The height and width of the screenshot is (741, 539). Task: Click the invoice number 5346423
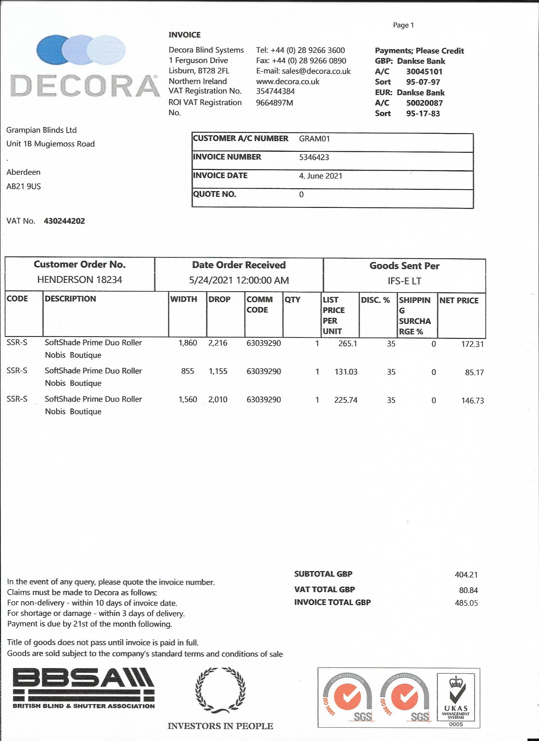click(x=314, y=157)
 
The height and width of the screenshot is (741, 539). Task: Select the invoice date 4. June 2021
click(x=320, y=176)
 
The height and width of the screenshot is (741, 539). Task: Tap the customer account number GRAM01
click(x=314, y=139)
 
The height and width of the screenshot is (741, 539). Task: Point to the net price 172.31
click(x=472, y=344)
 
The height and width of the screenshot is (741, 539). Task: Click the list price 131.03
click(x=346, y=372)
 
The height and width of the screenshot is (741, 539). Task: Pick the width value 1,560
click(x=188, y=399)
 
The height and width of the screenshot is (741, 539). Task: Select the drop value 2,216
click(x=218, y=343)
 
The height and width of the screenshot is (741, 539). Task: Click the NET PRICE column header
click(x=458, y=300)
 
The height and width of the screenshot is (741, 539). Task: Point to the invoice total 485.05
click(x=466, y=603)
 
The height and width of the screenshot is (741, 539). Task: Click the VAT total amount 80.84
click(x=468, y=590)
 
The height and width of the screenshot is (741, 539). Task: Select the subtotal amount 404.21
click(x=466, y=574)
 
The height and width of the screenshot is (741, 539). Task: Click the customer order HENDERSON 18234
click(x=80, y=279)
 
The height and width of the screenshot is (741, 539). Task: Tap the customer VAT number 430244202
click(x=64, y=221)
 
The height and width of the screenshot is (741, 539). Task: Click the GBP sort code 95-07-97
click(x=423, y=82)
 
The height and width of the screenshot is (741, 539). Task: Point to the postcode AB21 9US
click(x=23, y=186)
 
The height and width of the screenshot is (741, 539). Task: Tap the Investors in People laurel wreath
click(x=220, y=690)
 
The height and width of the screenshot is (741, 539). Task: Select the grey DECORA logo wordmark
click(x=84, y=86)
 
